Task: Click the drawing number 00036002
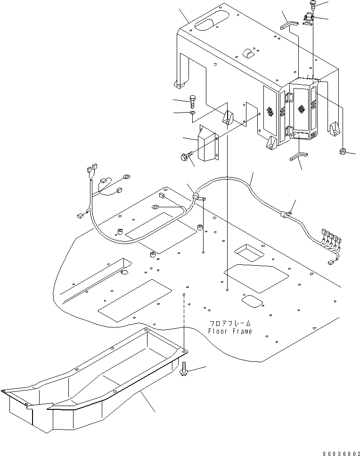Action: click(339, 453)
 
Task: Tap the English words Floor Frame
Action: click(230, 331)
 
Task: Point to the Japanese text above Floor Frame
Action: click(230, 324)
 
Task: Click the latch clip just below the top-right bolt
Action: click(309, 19)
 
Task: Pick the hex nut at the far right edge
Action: click(343, 151)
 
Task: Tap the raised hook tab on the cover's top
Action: click(248, 53)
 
